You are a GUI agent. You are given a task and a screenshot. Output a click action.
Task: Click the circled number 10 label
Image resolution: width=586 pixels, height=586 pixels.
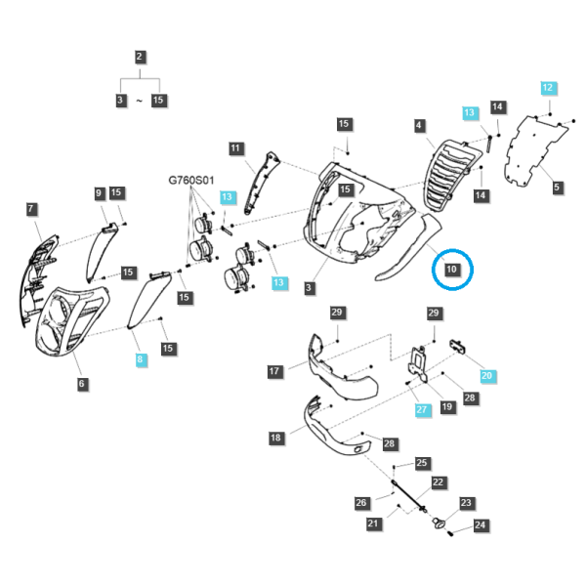click(451, 270)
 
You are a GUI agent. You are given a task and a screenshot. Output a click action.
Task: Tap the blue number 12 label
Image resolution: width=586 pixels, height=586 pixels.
click(548, 88)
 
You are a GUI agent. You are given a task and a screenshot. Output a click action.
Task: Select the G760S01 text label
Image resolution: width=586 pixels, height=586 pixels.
click(191, 180)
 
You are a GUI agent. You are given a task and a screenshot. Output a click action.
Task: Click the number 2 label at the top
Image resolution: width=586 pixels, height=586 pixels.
click(140, 57)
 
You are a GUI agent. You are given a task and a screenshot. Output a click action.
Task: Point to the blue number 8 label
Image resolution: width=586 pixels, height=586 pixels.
click(140, 359)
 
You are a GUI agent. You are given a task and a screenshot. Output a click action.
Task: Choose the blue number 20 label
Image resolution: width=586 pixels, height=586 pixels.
click(486, 376)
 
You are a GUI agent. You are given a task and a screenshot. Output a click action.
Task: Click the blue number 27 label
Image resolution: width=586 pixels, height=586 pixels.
click(422, 409)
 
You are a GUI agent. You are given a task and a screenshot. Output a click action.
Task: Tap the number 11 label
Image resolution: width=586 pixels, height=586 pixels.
click(235, 148)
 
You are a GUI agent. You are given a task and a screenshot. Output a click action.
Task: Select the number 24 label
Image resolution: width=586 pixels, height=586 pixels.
click(480, 525)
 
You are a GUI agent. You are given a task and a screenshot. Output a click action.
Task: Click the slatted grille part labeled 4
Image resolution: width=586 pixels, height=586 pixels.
click(451, 176)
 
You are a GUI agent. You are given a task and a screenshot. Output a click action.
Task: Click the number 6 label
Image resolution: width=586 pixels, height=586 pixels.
click(81, 384)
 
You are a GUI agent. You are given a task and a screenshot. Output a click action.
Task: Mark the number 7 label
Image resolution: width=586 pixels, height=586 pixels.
click(30, 209)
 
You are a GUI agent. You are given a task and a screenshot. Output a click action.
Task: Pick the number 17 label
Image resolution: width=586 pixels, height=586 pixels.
click(273, 371)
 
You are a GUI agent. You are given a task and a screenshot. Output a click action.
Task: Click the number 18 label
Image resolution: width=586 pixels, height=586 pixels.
click(275, 438)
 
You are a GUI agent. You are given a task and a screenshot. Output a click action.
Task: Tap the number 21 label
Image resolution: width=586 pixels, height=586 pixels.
click(373, 523)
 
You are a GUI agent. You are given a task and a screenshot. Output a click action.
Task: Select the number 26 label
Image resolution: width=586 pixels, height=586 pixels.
click(361, 503)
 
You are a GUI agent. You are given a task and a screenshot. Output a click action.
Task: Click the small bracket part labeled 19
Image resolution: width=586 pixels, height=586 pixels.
click(417, 364)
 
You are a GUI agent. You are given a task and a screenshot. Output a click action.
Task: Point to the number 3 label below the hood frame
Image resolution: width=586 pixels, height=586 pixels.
click(309, 288)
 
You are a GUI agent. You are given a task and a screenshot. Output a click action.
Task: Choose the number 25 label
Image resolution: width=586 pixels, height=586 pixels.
click(422, 463)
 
